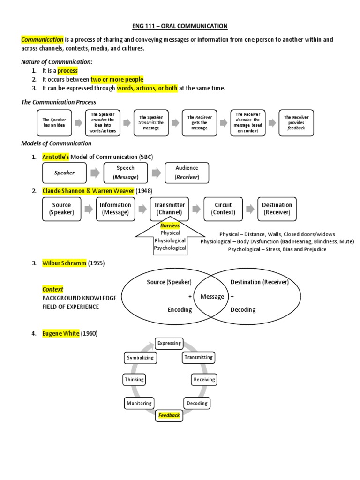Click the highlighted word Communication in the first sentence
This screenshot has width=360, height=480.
coord(42,40)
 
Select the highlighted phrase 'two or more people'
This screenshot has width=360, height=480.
coord(117,79)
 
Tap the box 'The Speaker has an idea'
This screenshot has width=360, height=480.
coord(55,123)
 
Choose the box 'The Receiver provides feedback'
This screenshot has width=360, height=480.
coord(296,123)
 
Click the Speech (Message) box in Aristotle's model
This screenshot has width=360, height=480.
coord(125,172)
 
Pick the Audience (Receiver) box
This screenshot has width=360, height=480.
coord(187,172)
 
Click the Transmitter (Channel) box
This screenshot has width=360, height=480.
coord(169,209)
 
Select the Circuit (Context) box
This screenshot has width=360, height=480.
coord(223,209)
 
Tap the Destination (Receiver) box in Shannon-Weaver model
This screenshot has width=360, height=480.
coord(277,209)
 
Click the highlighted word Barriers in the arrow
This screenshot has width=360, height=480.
coord(170,225)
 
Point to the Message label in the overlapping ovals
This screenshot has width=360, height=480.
coord(212,297)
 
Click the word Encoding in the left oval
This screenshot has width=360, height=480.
coord(180,310)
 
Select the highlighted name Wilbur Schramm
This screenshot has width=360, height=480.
coord(64,263)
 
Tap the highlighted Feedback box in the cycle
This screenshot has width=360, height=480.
coord(169,415)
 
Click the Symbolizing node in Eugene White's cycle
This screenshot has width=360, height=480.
coord(140,358)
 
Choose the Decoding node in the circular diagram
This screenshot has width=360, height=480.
coord(197,403)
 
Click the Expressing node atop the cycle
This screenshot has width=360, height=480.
coord(169,343)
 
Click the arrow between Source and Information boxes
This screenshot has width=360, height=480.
coord(88,209)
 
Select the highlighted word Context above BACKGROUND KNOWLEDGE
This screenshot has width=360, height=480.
coord(52,289)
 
